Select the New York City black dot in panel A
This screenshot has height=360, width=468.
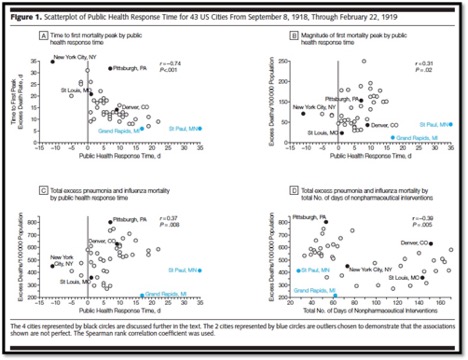tap(52, 62)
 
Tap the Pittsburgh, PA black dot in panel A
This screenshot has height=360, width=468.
tap(110, 69)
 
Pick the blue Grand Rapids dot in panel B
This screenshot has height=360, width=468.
tap(391, 136)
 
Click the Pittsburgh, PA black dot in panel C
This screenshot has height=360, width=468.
tap(110, 223)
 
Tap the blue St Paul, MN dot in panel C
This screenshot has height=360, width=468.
tap(201, 270)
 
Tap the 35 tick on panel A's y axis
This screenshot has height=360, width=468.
tap(37, 62)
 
